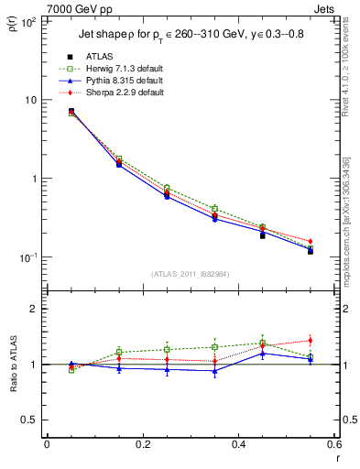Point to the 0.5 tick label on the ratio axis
click(29, 420)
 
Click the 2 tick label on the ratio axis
click(35, 309)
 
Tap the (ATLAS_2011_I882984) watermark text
click(190, 273)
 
